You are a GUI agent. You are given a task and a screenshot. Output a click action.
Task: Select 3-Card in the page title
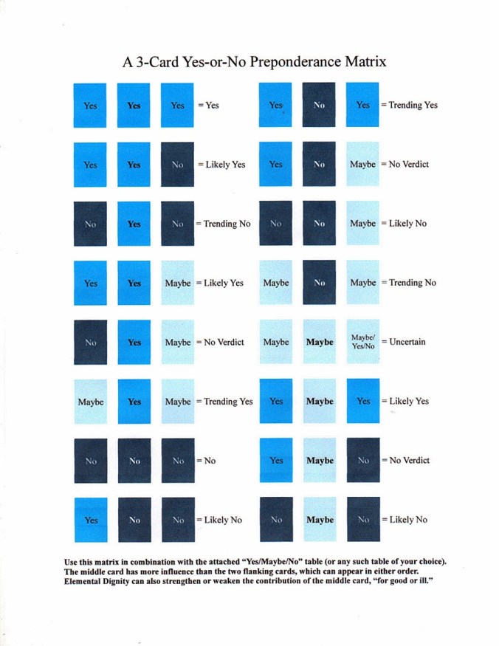[156, 61]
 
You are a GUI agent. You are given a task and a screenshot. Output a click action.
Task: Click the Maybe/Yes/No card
[363, 342]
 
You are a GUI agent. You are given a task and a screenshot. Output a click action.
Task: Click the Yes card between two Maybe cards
[134, 402]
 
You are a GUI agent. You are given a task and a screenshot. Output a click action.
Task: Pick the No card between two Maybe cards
[319, 283]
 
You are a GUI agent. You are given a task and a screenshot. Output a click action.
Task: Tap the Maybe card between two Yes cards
[319, 402]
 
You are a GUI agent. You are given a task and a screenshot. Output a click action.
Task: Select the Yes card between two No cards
[134, 224]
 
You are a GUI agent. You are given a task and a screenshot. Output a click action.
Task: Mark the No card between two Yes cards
[319, 105]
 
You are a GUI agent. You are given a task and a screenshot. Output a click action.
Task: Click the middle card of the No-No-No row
[134, 461]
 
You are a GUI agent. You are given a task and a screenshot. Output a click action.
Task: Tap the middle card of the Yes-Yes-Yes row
[134, 105]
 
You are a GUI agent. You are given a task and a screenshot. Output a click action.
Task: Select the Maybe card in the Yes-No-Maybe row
[363, 164]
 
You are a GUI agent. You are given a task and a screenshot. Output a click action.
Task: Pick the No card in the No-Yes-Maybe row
[90, 342]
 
